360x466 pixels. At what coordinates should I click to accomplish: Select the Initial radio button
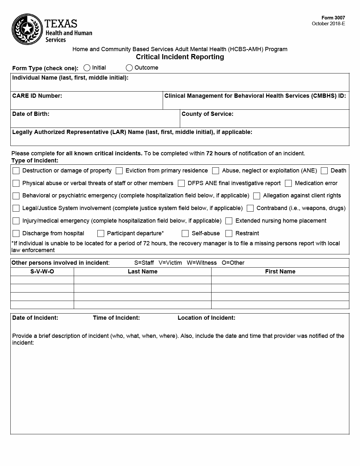87,68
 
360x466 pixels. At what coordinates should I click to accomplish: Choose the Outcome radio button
129,68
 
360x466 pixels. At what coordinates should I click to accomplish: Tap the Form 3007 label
333,18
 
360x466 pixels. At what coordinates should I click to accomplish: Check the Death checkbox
324,171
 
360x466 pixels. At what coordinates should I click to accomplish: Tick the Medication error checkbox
289,183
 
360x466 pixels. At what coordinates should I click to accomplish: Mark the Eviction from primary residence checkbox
119,171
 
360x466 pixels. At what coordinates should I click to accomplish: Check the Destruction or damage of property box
16,171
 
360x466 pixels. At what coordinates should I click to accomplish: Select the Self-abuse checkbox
185,233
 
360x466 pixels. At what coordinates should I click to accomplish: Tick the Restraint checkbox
229,233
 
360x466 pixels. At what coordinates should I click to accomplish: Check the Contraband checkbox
250,208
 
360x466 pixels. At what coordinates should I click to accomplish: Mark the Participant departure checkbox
101,233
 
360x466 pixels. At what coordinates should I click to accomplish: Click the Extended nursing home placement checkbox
229,221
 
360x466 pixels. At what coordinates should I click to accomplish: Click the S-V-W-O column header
42,272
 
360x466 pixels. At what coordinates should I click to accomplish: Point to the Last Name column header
142,272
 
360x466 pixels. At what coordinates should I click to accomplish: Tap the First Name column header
280,272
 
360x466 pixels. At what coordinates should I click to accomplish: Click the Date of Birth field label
31,114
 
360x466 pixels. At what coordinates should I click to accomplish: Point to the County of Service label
207,114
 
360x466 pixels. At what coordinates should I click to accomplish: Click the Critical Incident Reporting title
180,57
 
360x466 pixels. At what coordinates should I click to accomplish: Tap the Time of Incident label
116,318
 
